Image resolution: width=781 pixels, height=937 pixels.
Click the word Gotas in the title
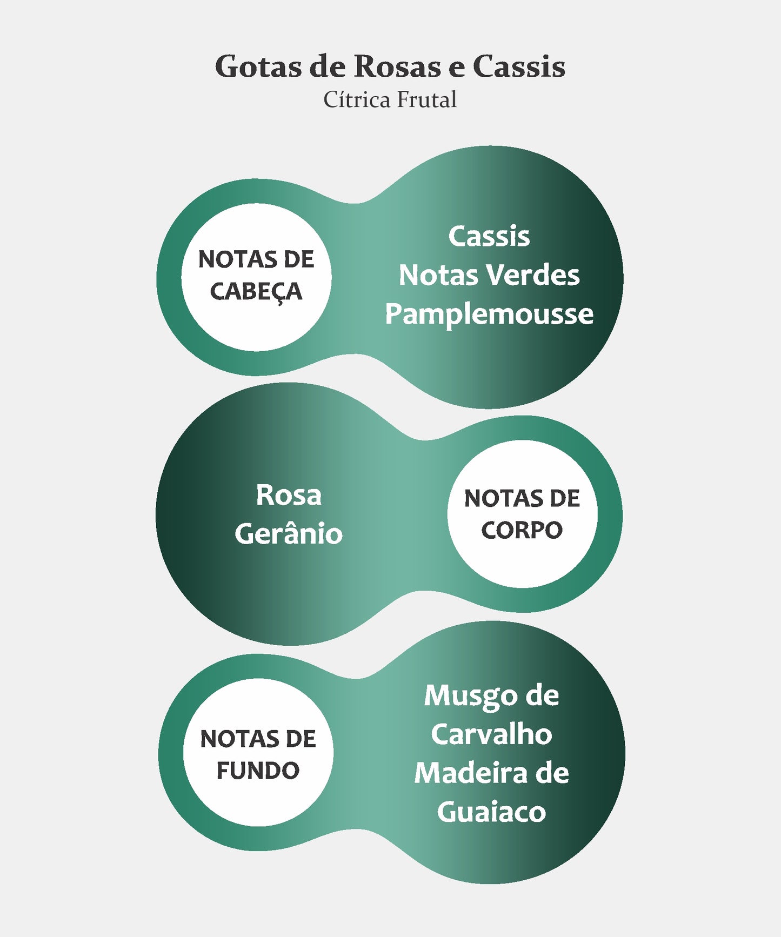coord(258,66)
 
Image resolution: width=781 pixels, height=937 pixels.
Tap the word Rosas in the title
coord(397,66)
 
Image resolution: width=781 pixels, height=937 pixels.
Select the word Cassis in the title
coord(519,66)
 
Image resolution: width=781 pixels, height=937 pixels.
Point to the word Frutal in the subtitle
coord(427,99)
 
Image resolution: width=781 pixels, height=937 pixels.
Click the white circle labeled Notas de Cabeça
coord(256,277)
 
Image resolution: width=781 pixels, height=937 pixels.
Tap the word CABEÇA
coord(256,292)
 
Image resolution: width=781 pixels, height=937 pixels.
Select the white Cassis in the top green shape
coord(489,236)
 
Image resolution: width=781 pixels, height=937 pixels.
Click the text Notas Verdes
coord(489,275)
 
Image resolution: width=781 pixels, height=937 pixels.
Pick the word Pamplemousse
coord(489,314)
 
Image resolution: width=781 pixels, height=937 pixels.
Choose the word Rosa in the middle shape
coord(289,495)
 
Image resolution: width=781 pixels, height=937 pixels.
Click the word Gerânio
coord(289,534)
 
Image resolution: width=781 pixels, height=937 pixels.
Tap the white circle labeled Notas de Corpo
coord(522,514)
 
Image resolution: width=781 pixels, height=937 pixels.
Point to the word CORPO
coord(522,530)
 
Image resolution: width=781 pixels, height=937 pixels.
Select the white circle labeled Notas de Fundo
coord(258,752)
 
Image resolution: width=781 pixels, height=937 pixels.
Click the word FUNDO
coord(258,771)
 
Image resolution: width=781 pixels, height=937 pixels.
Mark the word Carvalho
coord(491,734)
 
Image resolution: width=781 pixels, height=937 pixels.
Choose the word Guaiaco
coord(491,812)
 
